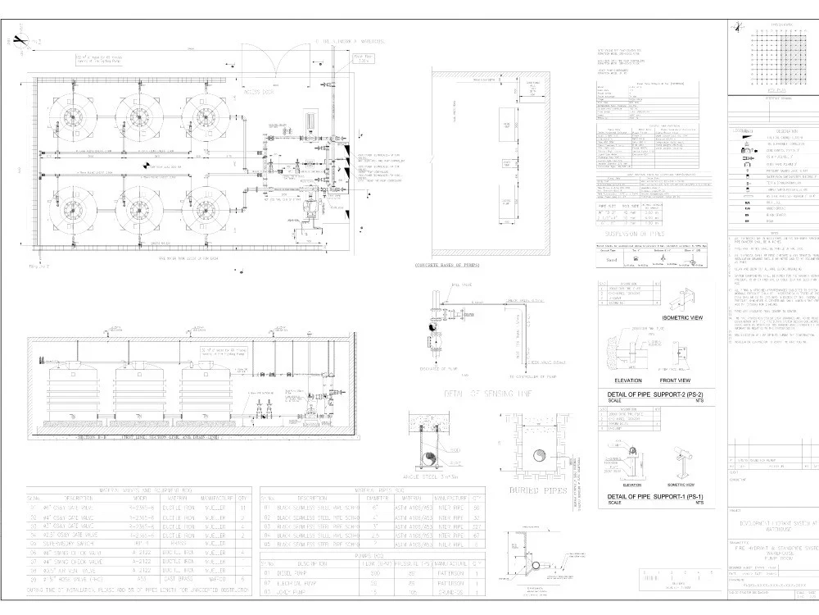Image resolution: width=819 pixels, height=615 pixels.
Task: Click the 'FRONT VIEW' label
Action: pos(675,380)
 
